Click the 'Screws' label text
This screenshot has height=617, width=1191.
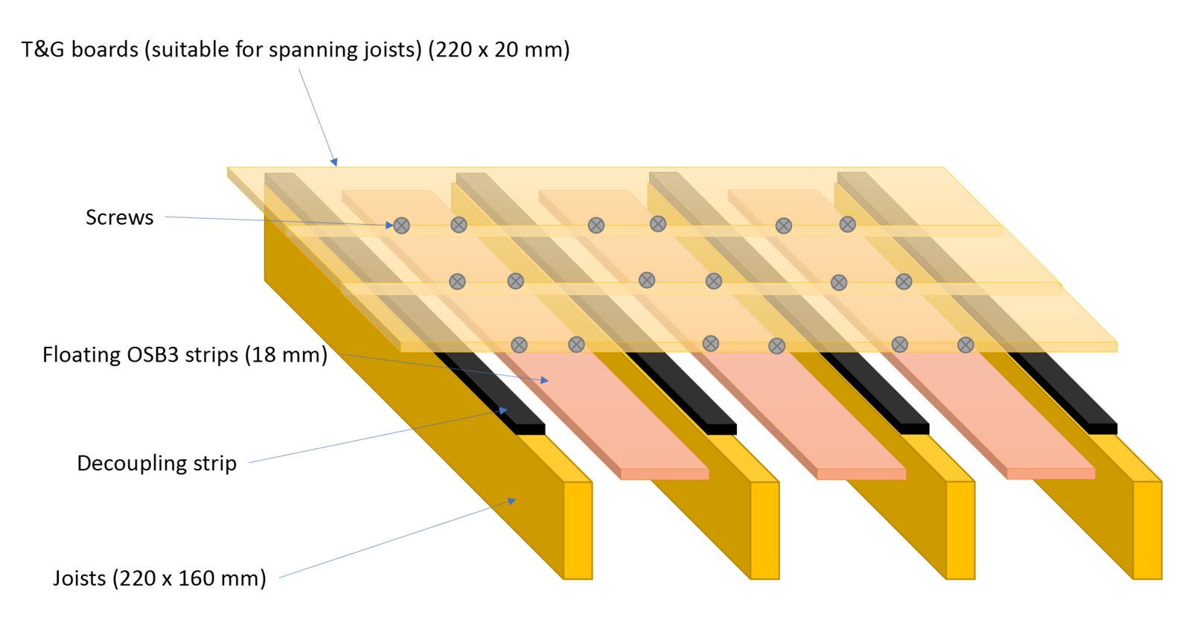pos(120,217)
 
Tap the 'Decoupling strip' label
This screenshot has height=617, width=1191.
pos(157,464)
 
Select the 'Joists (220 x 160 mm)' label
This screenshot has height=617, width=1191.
pos(159,578)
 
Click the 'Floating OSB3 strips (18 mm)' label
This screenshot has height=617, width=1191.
pos(185,355)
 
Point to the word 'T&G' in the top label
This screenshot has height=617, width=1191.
pos(43,49)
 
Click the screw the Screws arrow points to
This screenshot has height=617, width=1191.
pos(401,226)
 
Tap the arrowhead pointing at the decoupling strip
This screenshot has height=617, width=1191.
pos(503,410)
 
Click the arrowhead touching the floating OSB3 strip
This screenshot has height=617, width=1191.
pos(544,380)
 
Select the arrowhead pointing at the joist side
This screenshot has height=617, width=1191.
pos(511,501)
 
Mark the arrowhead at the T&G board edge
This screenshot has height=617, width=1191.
pos(334,162)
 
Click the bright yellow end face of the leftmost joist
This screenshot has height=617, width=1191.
pos(578,531)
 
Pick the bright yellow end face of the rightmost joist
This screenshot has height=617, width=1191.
pos(1147,531)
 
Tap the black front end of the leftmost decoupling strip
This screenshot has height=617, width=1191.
pos(531,429)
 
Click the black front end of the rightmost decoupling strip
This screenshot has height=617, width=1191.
pos(1102,429)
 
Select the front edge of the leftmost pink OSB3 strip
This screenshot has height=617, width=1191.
pos(665,474)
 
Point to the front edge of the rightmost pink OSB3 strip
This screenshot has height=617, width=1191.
pos(1050,473)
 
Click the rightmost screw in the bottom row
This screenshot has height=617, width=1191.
pos(965,345)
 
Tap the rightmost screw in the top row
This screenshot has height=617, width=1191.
pos(848,224)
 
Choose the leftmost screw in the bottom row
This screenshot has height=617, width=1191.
pos(519,345)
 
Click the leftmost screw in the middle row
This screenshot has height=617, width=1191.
pos(457,281)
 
